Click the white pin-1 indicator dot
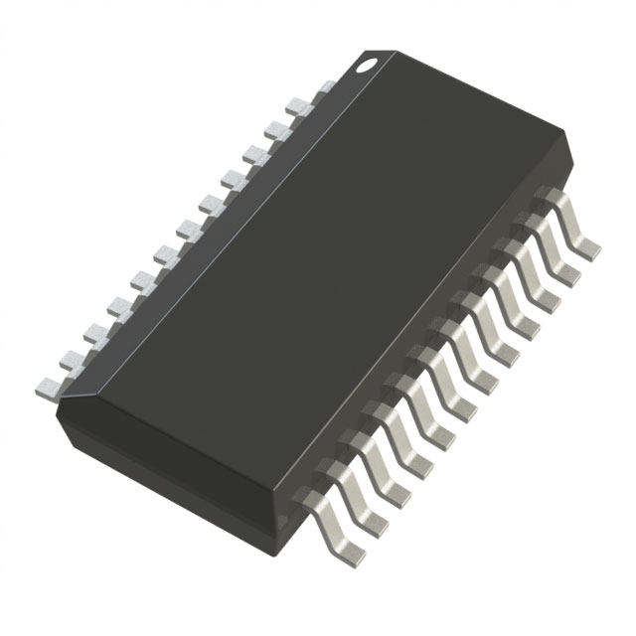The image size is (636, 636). click(x=368, y=66)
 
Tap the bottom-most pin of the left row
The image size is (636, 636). click(x=45, y=385)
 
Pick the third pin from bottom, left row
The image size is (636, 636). click(x=91, y=332)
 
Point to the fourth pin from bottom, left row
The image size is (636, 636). click(x=115, y=306)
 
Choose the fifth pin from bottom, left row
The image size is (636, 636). click(x=138, y=279)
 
